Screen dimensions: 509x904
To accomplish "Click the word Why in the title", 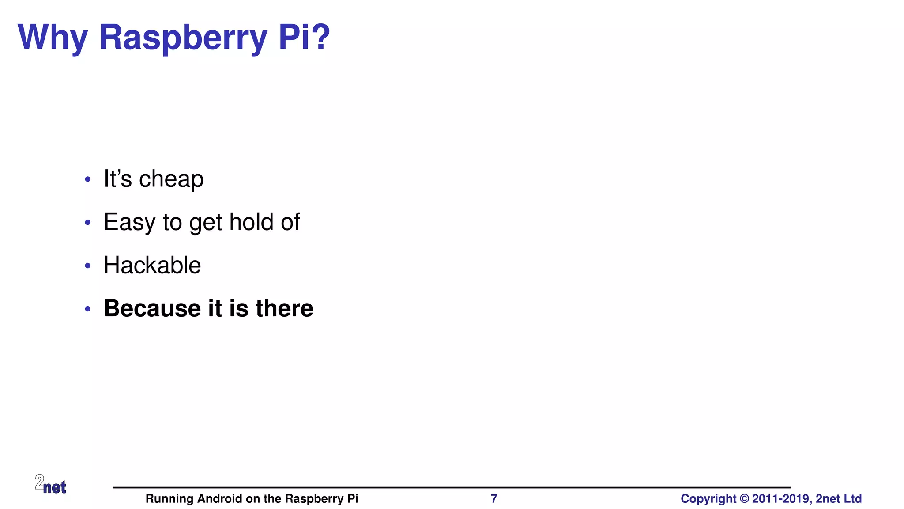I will pyautogui.click(x=53, y=38).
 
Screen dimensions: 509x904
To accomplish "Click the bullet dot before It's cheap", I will pyautogui.click(x=88, y=179).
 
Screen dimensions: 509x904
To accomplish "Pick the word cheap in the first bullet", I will pyautogui.click(x=171, y=179).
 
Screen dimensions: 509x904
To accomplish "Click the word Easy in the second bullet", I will pyautogui.click(x=129, y=222).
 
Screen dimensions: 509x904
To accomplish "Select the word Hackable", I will pyautogui.click(x=152, y=265).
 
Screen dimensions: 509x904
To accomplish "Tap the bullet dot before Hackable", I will pyautogui.click(x=88, y=266).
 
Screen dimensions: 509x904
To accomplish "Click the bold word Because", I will pyautogui.click(x=152, y=308).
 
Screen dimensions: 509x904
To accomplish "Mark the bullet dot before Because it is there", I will pyautogui.click(x=88, y=309).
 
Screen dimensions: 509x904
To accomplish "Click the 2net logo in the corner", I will pyautogui.click(x=50, y=484).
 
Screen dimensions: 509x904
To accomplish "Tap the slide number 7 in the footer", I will pyautogui.click(x=494, y=499).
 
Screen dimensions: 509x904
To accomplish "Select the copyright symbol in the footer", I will pyautogui.click(x=744, y=499).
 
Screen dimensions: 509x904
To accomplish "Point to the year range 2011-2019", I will pyautogui.click(x=782, y=499).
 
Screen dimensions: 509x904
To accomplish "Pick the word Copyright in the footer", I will pyautogui.click(x=708, y=499).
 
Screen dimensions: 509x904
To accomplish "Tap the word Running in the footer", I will pyautogui.click(x=169, y=499).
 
